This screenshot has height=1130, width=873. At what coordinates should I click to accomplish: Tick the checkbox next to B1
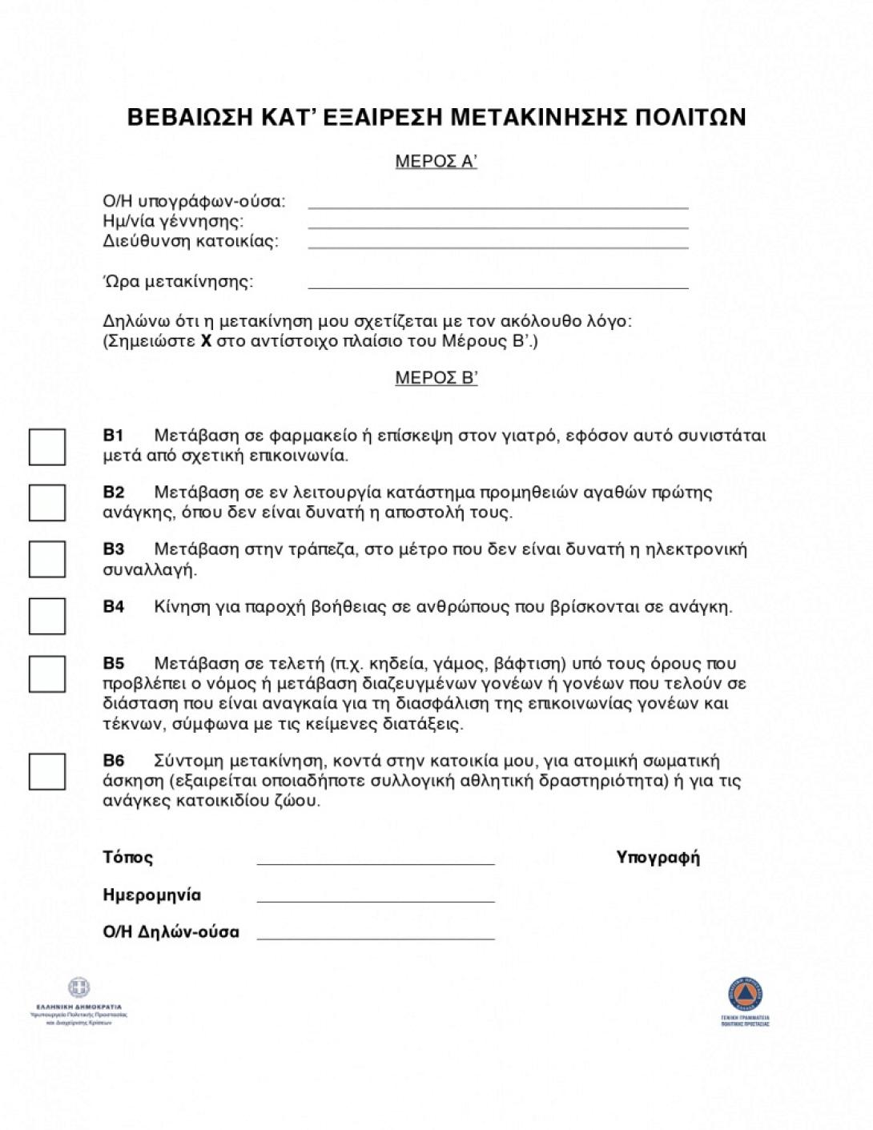(x=47, y=447)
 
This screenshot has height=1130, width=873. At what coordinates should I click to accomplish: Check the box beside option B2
(x=47, y=503)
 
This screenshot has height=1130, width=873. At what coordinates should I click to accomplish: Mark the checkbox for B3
(x=47, y=559)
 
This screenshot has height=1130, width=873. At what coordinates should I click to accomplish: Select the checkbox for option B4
(x=47, y=616)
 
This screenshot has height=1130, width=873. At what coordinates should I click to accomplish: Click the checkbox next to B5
(x=47, y=674)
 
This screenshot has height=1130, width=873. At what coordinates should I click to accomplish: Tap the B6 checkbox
(x=47, y=771)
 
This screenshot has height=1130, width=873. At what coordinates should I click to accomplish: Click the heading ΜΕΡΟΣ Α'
(x=436, y=162)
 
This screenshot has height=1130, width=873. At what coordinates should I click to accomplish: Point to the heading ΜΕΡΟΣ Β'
(x=436, y=378)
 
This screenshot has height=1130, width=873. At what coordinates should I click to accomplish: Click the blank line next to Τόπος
(x=376, y=863)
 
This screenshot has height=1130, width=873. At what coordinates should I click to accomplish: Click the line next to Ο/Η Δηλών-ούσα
(x=376, y=937)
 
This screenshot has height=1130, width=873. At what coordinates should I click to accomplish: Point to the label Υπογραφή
(x=658, y=858)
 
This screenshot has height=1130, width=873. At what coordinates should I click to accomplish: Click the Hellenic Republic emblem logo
(x=78, y=988)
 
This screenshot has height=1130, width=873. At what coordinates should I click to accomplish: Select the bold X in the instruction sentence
(x=205, y=342)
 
